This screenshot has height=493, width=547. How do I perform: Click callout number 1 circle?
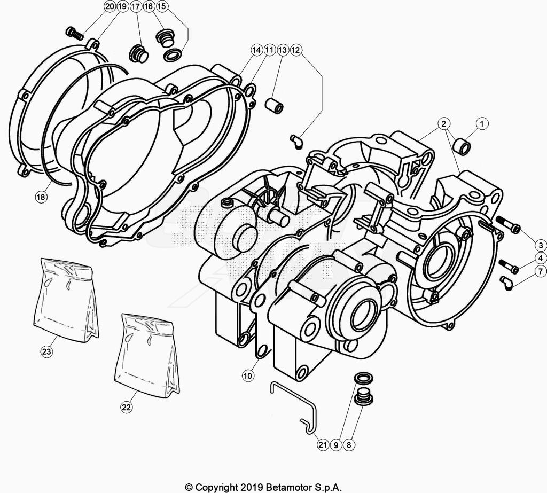tap(482, 124)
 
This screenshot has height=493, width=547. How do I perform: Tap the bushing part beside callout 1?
tap(461, 145)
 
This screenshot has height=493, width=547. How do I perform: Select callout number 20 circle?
tap(109, 7)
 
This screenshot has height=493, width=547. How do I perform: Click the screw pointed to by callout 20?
tap(74, 34)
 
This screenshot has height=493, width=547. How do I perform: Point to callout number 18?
tap(41, 197)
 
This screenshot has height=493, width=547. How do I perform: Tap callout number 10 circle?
tap(247, 376)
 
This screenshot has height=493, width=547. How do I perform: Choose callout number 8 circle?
tap(349, 444)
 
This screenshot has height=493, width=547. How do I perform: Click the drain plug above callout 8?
tap(364, 398)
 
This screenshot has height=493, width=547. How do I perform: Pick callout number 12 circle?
tap(296, 50)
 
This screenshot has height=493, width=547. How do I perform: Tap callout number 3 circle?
tap(540, 246)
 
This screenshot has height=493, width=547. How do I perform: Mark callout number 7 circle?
tap(540, 274)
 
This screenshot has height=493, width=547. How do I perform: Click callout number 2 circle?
tap(443, 124)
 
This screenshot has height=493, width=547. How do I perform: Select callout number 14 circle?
tap(256, 50)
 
